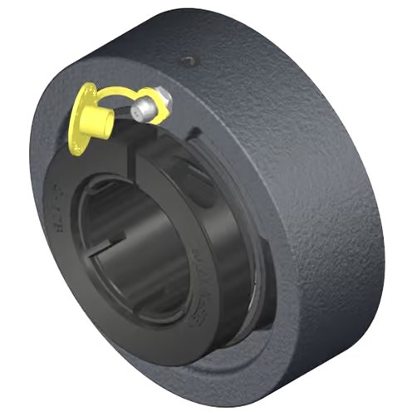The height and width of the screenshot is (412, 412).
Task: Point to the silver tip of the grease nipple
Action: [145, 107]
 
